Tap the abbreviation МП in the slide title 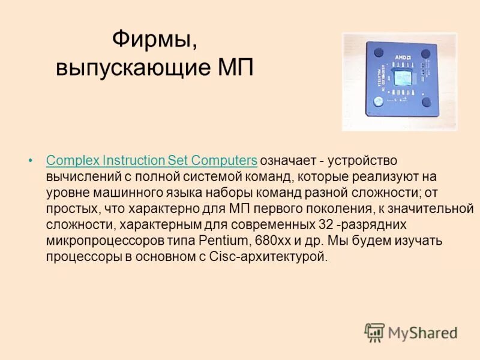tap(233, 68)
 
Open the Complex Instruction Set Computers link tap(152, 161)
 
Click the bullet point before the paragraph tap(31, 161)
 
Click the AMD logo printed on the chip tap(401, 56)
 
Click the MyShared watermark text tap(423, 332)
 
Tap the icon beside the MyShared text tap(374, 332)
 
